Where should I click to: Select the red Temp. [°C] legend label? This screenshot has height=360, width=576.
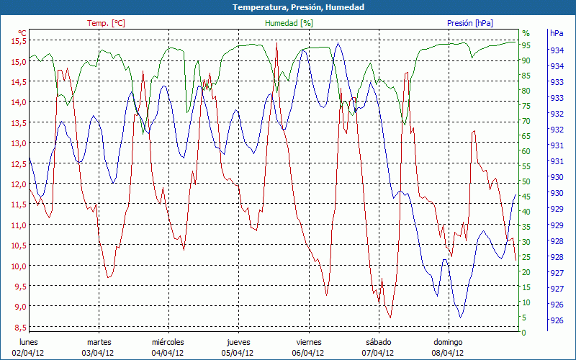click(106, 23)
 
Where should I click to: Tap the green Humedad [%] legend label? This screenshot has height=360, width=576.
click(289, 23)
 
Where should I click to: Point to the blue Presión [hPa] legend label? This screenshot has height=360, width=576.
click(469, 23)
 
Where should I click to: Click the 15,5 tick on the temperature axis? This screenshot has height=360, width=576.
click(18, 41)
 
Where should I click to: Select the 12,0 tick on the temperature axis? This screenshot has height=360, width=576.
click(18, 184)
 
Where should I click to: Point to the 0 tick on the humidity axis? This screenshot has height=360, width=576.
click(524, 333)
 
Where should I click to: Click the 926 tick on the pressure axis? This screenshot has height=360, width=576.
click(557, 321)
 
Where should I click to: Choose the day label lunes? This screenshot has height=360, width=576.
click(28, 342)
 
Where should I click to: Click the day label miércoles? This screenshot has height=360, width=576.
click(168, 342)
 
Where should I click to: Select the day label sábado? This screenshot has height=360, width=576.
click(378, 342)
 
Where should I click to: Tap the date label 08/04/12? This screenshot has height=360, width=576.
click(448, 353)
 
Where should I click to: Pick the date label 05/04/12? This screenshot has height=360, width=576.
click(238, 353)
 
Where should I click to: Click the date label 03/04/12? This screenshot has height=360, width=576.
click(98, 353)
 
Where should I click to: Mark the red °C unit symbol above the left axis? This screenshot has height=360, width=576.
click(22, 33)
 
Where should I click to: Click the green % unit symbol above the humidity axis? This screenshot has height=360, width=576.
click(526, 33)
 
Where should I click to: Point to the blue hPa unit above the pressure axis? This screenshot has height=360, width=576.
click(557, 33)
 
